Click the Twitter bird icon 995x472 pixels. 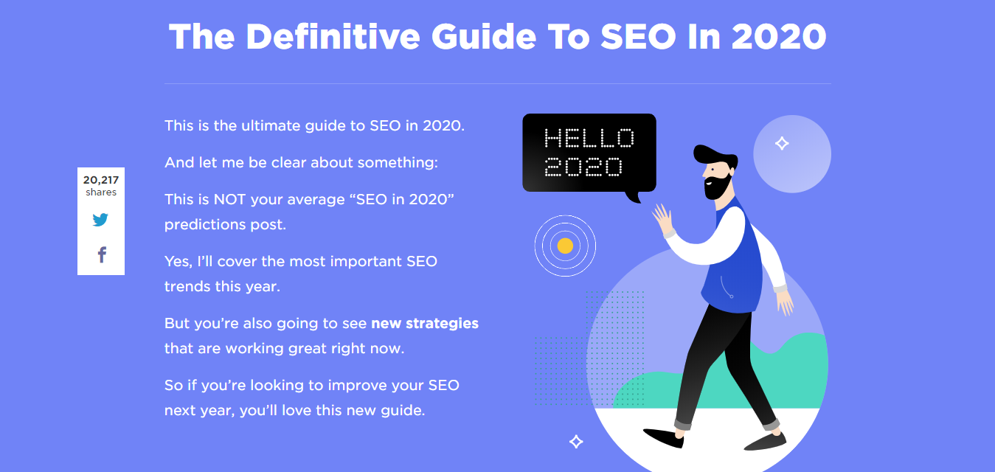[100, 219]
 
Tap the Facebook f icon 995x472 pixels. [103, 255]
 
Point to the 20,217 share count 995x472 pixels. [101, 180]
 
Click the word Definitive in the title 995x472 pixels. [333, 36]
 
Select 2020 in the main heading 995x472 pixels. [779, 36]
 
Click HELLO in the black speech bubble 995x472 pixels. [589, 138]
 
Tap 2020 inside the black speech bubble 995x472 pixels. [583, 167]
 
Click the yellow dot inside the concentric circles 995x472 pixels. [565, 246]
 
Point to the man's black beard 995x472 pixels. [716, 187]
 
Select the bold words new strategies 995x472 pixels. [425, 323]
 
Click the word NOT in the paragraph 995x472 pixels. [229, 199]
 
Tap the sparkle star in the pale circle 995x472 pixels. [782, 143]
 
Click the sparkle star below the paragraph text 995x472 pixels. [576, 442]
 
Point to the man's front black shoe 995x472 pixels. [663, 438]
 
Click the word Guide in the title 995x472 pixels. [484, 36]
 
